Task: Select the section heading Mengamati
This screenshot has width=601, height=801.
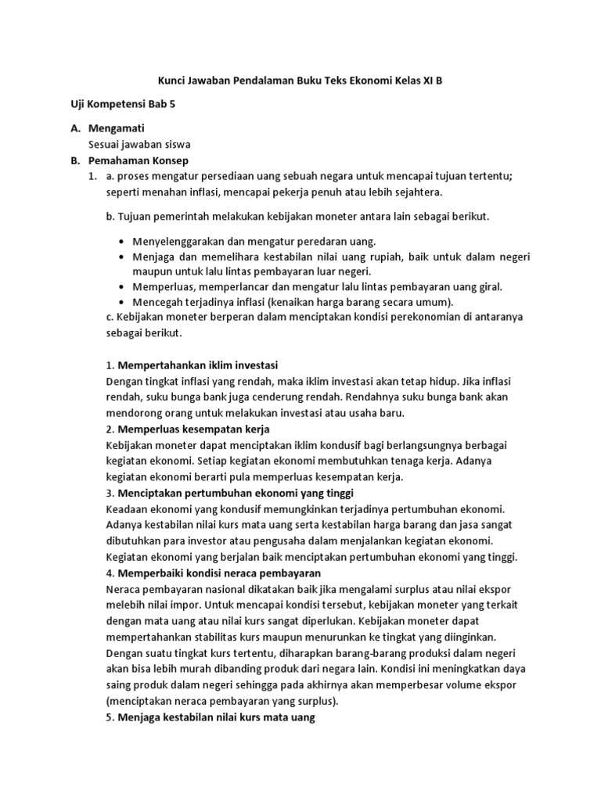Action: click(x=120, y=128)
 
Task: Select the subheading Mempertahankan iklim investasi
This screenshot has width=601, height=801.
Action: click(x=197, y=365)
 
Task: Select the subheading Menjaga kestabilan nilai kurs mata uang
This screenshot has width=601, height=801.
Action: click(x=215, y=717)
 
